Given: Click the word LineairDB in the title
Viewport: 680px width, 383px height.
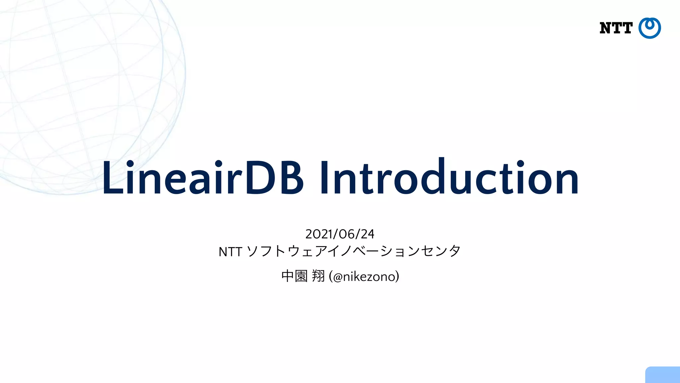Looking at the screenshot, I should tap(203, 178).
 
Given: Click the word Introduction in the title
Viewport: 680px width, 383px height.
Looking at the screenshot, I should tap(449, 178).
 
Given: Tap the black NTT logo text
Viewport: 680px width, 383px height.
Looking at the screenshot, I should tap(616, 28).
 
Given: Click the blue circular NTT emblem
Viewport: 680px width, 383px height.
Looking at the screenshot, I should tap(649, 28).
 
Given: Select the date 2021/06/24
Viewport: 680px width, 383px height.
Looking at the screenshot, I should tap(340, 234).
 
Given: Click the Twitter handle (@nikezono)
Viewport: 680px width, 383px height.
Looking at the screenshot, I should tap(364, 276).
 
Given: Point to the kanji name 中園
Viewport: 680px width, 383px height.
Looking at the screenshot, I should tap(294, 276).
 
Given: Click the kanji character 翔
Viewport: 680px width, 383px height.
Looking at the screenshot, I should tap(318, 276).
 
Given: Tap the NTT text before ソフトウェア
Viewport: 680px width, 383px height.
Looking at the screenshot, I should tap(230, 252).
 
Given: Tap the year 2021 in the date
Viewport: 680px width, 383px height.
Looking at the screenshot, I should tap(318, 234).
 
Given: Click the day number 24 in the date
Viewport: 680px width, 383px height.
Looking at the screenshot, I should tap(367, 234).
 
